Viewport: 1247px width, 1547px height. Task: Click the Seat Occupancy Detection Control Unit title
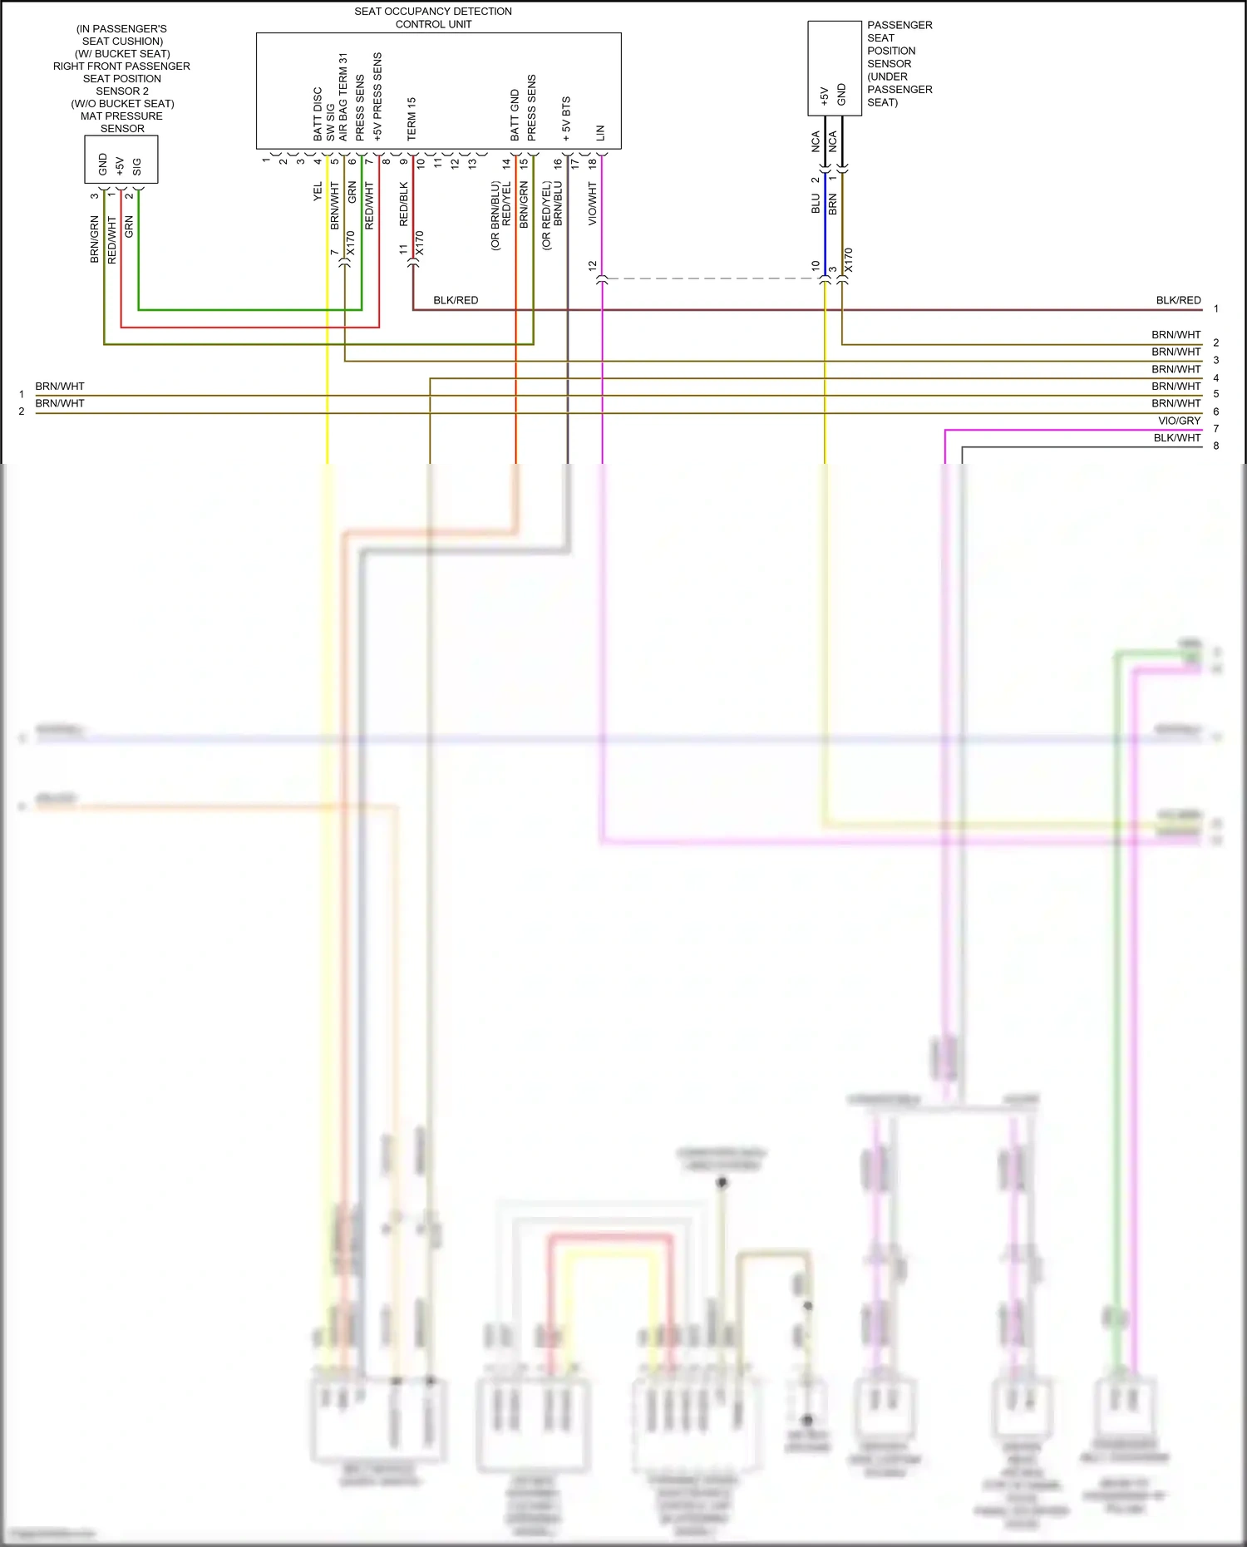point(433,17)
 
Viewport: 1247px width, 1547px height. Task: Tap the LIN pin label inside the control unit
point(600,132)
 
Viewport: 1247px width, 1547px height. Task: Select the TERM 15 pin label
point(412,118)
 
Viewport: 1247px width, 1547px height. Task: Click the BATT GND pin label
point(515,115)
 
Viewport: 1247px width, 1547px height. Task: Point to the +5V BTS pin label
point(566,118)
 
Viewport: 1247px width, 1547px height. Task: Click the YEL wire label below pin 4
point(318,191)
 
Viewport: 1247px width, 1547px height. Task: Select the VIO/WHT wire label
point(593,204)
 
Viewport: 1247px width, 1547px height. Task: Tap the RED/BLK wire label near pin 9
point(404,204)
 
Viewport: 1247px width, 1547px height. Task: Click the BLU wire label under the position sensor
point(816,204)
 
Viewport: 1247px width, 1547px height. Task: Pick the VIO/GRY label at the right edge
point(1179,421)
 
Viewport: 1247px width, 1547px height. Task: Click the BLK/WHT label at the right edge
point(1176,438)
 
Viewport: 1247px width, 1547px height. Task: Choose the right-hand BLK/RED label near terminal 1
point(1178,300)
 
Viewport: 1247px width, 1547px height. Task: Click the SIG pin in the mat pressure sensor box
point(137,166)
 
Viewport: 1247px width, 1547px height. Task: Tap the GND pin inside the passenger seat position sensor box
point(841,94)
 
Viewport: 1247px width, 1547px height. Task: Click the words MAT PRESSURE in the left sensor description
point(121,116)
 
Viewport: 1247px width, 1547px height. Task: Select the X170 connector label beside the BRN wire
point(848,260)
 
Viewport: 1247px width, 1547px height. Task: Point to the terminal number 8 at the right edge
point(1215,446)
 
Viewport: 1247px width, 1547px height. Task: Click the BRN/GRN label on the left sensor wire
point(95,239)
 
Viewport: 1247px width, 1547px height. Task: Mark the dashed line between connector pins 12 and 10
point(711,278)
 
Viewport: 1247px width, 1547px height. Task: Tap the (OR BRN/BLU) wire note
point(495,215)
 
